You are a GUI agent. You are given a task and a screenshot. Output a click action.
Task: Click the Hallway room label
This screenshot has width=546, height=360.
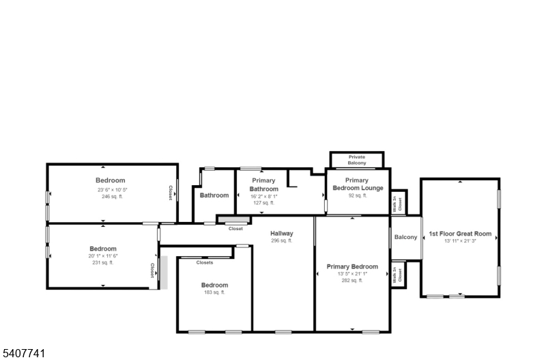(281, 234)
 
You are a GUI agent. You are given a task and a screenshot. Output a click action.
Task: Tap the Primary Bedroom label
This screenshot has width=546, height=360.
(351, 266)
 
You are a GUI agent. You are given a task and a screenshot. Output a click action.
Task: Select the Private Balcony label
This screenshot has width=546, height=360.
(357, 160)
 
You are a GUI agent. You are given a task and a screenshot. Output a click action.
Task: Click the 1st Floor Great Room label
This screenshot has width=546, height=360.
(460, 234)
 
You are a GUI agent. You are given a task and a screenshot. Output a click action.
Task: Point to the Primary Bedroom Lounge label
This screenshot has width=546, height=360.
(358, 184)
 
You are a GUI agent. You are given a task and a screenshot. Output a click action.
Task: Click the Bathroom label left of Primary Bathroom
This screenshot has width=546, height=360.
(214, 195)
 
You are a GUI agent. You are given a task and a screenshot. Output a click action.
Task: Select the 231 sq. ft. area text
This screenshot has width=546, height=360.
(103, 262)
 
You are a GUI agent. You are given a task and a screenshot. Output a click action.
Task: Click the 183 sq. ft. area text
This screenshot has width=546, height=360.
(214, 292)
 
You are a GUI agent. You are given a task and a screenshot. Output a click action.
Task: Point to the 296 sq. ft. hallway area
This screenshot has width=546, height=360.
(281, 240)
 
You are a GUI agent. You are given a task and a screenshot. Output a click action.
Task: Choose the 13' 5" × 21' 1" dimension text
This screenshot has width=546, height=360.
(351, 273)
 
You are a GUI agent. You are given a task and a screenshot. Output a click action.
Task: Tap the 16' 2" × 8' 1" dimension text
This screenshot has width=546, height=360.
(263, 196)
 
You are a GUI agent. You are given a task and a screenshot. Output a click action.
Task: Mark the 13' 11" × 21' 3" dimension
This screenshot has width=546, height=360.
(460, 240)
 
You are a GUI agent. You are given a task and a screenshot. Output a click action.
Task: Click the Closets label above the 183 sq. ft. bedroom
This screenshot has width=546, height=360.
(205, 262)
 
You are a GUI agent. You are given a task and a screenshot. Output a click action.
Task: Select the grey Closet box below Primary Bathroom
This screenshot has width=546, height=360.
(233, 219)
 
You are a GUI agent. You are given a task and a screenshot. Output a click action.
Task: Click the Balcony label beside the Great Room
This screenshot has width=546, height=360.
(405, 237)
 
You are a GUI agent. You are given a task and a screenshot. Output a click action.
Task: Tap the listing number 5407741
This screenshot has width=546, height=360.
(25, 353)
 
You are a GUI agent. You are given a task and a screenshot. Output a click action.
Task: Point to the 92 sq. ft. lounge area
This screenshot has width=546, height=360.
(358, 195)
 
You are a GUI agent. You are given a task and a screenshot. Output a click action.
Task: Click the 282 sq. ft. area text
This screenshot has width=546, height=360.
(351, 279)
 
